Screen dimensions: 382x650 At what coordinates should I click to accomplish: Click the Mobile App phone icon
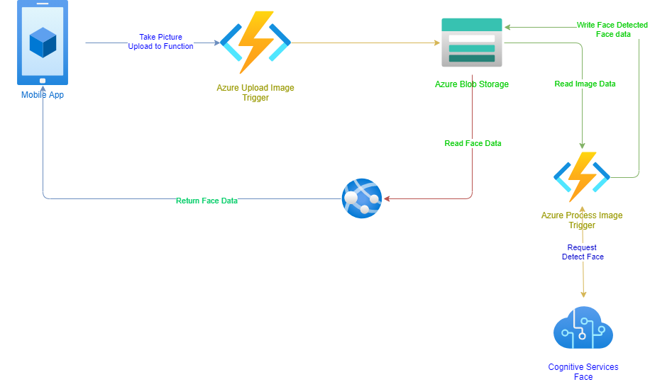pyautogui.click(x=43, y=43)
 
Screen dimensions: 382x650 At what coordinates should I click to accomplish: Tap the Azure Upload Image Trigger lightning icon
pyautogui.click(x=255, y=43)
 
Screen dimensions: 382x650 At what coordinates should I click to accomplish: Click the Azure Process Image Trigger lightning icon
pyautogui.click(x=582, y=176)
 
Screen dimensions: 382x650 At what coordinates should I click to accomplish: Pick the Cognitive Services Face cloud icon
pyautogui.click(x=583, y=328)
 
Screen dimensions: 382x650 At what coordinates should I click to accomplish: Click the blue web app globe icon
pyautogui.click(x=362, y=198)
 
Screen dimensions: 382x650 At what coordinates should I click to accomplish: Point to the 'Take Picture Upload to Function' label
pyautogui.click(x=160, y=42)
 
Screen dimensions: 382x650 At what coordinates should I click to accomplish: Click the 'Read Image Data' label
pyautogui.click(x=585, y=84)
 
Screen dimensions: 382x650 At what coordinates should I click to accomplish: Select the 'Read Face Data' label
pyautogui.click(x=473, y=143)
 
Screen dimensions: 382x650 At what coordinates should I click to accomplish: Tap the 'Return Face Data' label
pyautogui.click(x=206, y=201)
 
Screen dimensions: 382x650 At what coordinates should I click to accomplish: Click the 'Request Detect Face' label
pyautogui.click(x=583, y=252)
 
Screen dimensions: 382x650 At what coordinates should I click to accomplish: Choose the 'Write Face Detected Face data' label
pyautogui.click(x=612, y=29)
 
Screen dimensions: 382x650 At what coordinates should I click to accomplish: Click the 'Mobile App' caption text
pyautogui.click(x=43, y=94)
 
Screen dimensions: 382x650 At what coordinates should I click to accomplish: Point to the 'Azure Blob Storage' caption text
pyautogui.click(x=471, y=84)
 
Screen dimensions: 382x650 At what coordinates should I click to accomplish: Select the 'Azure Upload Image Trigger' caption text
pyautogui.click(x=255, y=93)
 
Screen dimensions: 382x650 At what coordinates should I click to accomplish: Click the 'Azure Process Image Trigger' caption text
pyautogui.click(x=582, y=220)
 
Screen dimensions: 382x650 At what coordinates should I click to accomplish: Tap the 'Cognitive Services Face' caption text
pyautogui.click(x=583, y=371)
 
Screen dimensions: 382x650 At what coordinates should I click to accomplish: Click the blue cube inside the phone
pyautogui.click(x=43, y=43)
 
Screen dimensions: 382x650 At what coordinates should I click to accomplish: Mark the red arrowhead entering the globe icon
pyautogui.click(x=387, y=198)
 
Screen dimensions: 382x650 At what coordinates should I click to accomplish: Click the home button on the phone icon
pyautogui.click(x=43, y=80)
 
